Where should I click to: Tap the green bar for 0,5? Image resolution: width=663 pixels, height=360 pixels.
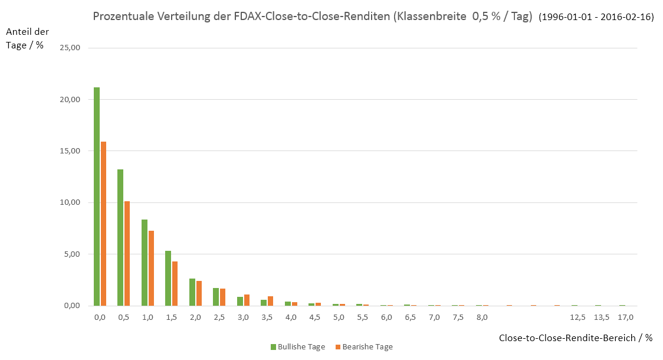[x=120, y=237]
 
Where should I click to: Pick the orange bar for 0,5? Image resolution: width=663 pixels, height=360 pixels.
[x=127, y=253]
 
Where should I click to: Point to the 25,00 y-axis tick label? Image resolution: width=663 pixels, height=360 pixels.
[x=74, y=48]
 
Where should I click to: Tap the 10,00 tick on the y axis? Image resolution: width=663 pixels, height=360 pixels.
[x=74, y=202]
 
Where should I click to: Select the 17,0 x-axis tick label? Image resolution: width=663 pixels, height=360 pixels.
[x=625, y=318]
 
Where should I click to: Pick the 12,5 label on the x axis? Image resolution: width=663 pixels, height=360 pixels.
[x=577, y=318]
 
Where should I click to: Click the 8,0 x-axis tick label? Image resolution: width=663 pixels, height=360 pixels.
[x=482, y=318]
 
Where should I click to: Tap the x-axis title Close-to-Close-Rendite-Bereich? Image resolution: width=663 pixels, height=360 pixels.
[x=575, y=338]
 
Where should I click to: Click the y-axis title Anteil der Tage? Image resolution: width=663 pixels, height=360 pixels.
[x=28, y=38]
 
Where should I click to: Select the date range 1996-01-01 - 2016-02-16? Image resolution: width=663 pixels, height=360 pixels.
[x=596, y=18]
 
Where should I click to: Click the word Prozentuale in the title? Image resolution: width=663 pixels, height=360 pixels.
[x=120, y=17]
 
